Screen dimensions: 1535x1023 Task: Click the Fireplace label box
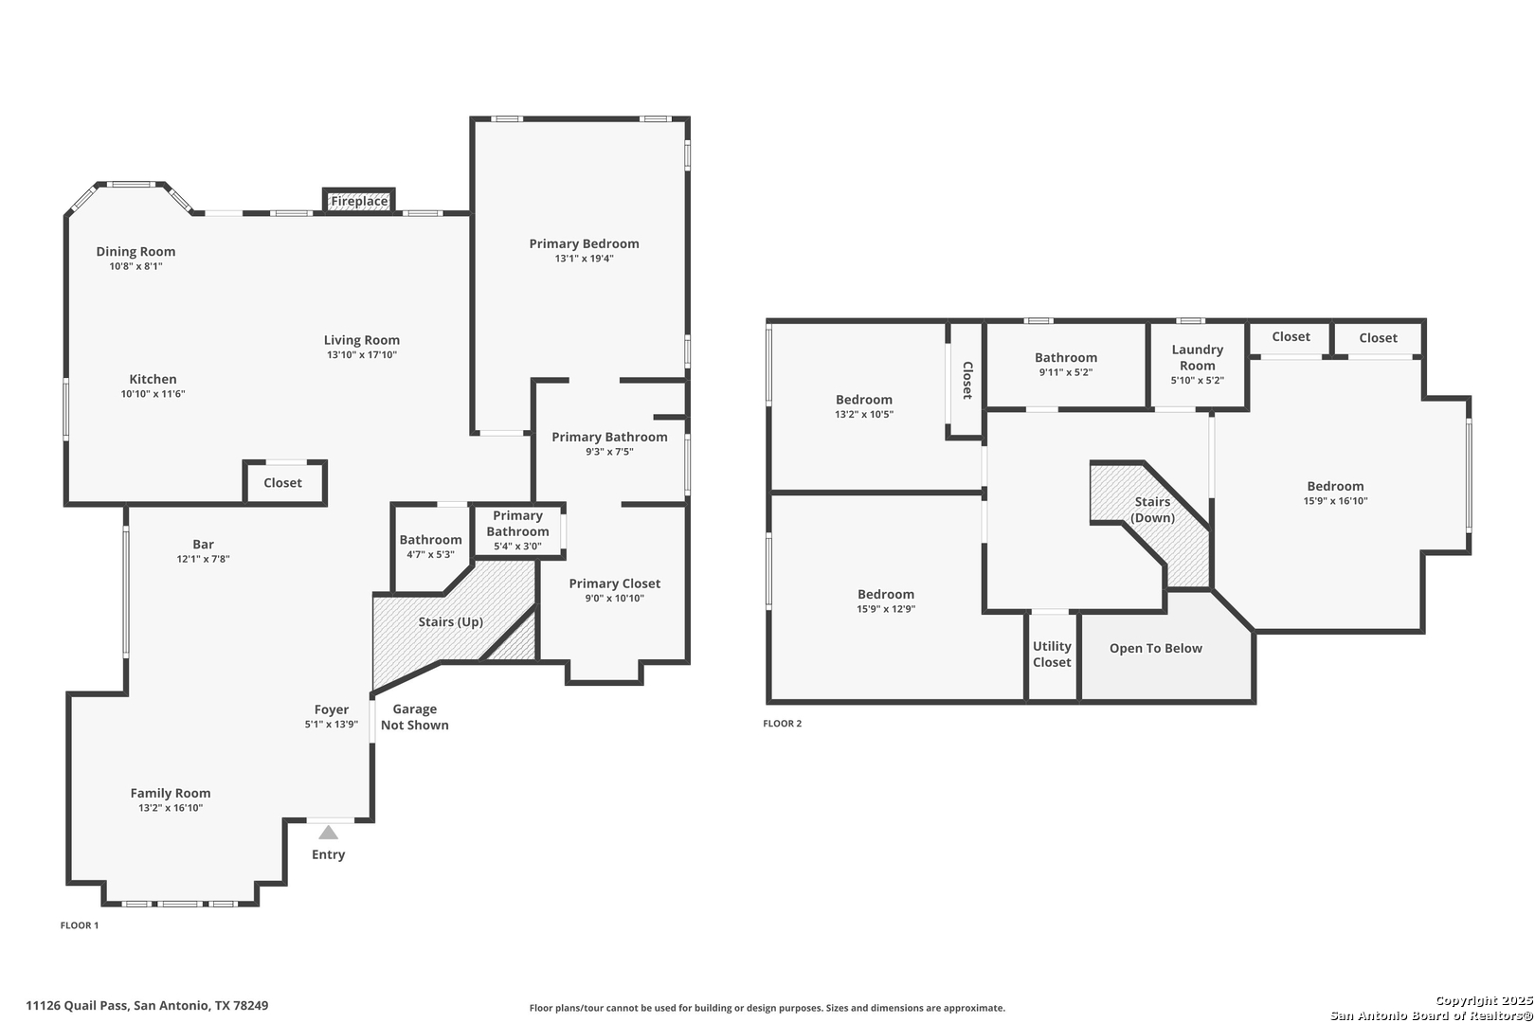pyautogui.click(x=359, y=201)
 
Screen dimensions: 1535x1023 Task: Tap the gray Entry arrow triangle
pyautogui.click(x=328, y=833)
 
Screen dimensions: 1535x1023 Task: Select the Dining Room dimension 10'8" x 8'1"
pyautogui.click(x=135, y=266)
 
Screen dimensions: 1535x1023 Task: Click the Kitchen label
pyautogui.click(x=153, y=379)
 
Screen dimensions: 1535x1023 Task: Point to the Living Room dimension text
pyautogui.click(x=362, y=355)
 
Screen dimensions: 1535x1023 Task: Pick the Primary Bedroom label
pyautogui.click(x=584, y=244)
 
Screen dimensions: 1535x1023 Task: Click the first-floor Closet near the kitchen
pyautogui.click(x=283, y=483)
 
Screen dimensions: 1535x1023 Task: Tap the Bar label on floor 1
pyautogui.click(x=203, y=544)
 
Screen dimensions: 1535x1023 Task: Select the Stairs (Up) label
pyautogui.click(x=451, y=622)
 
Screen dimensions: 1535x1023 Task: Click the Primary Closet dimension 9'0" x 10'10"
pyautogui.click(x=615, y=599)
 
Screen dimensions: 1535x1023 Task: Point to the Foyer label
pyautogui.click(x=332, y=709)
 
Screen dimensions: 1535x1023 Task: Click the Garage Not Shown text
pyautogui.click(x=415, y=717)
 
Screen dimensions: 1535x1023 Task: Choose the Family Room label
pyautogui.click(x=171, y=794)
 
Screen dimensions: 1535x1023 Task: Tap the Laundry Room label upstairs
pyautogui.click(x=1197, y=358)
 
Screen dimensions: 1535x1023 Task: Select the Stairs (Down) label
pyautogui.click(x=1152, y=510)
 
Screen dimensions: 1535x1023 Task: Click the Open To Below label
pyautogui.click(x=1156, y=648)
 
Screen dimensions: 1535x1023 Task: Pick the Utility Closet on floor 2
pyautogui.click(x=1052, y=655)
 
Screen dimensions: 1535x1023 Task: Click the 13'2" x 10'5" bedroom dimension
pyautogui.click(x=864, y=415)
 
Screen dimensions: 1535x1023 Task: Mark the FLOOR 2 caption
pyautogui.click(x=782, y=724)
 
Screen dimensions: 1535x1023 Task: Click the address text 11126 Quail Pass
pyautogui.click(x=77, y=1006)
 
